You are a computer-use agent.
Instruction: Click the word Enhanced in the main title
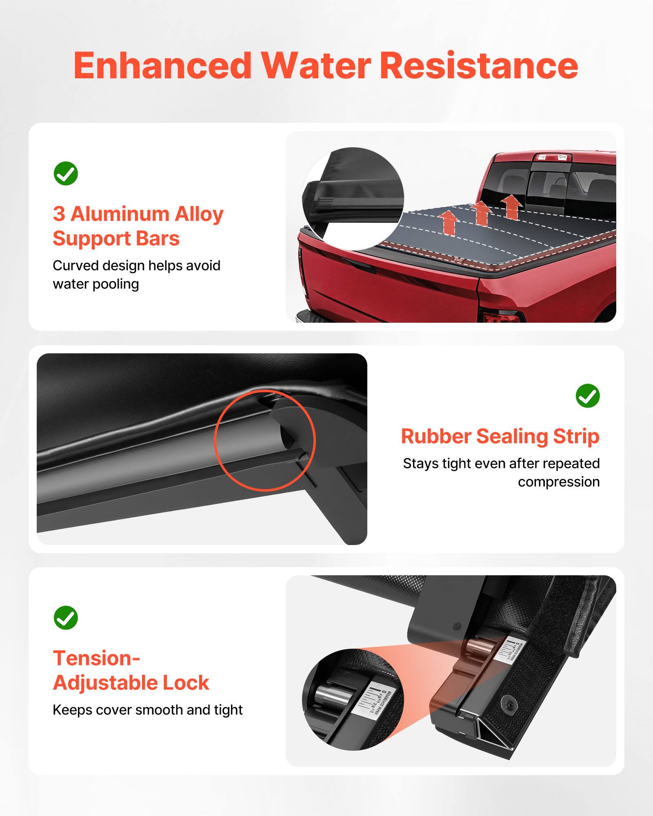162,66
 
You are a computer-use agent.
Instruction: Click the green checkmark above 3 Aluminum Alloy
66,173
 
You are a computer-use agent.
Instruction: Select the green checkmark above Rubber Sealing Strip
587,395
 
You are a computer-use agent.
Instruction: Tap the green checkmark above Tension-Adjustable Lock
66,618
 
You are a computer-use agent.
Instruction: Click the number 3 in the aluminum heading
59,214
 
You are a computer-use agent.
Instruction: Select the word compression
558,482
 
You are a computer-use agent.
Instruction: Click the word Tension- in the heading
96,658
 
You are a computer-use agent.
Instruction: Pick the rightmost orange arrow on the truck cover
511,206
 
